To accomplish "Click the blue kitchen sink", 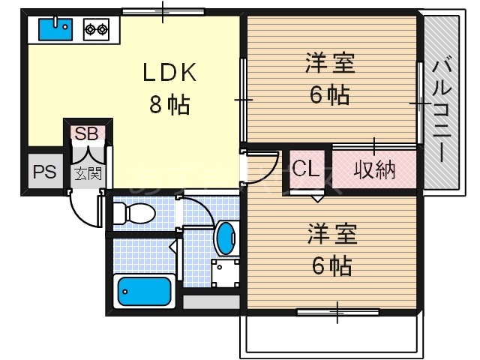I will (x=55, y=30).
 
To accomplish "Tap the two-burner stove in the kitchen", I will (x=96, y=30).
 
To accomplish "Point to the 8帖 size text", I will (x=169, y=105).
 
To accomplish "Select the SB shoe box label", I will (x=87, y=134).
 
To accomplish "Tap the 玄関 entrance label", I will (x=87, y=174).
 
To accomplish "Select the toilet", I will (x=133, y=214).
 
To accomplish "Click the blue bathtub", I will (x=144, y=291).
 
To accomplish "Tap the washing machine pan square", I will (x=224, y=274).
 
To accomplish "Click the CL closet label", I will (x=306, y=169).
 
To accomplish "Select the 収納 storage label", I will (x=374, y=169).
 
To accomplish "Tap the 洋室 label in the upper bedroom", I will (x=330, y=63).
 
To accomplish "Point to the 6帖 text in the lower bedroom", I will (x=330, y=264).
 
